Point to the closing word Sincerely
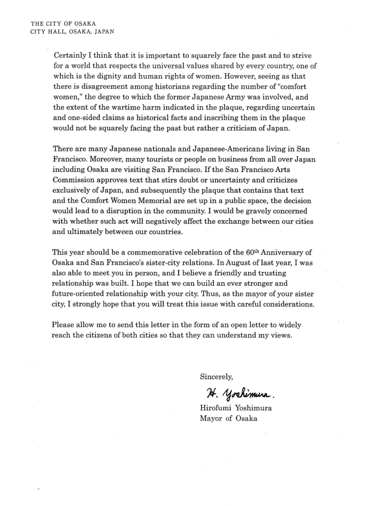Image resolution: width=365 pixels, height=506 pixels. pos(216,377)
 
